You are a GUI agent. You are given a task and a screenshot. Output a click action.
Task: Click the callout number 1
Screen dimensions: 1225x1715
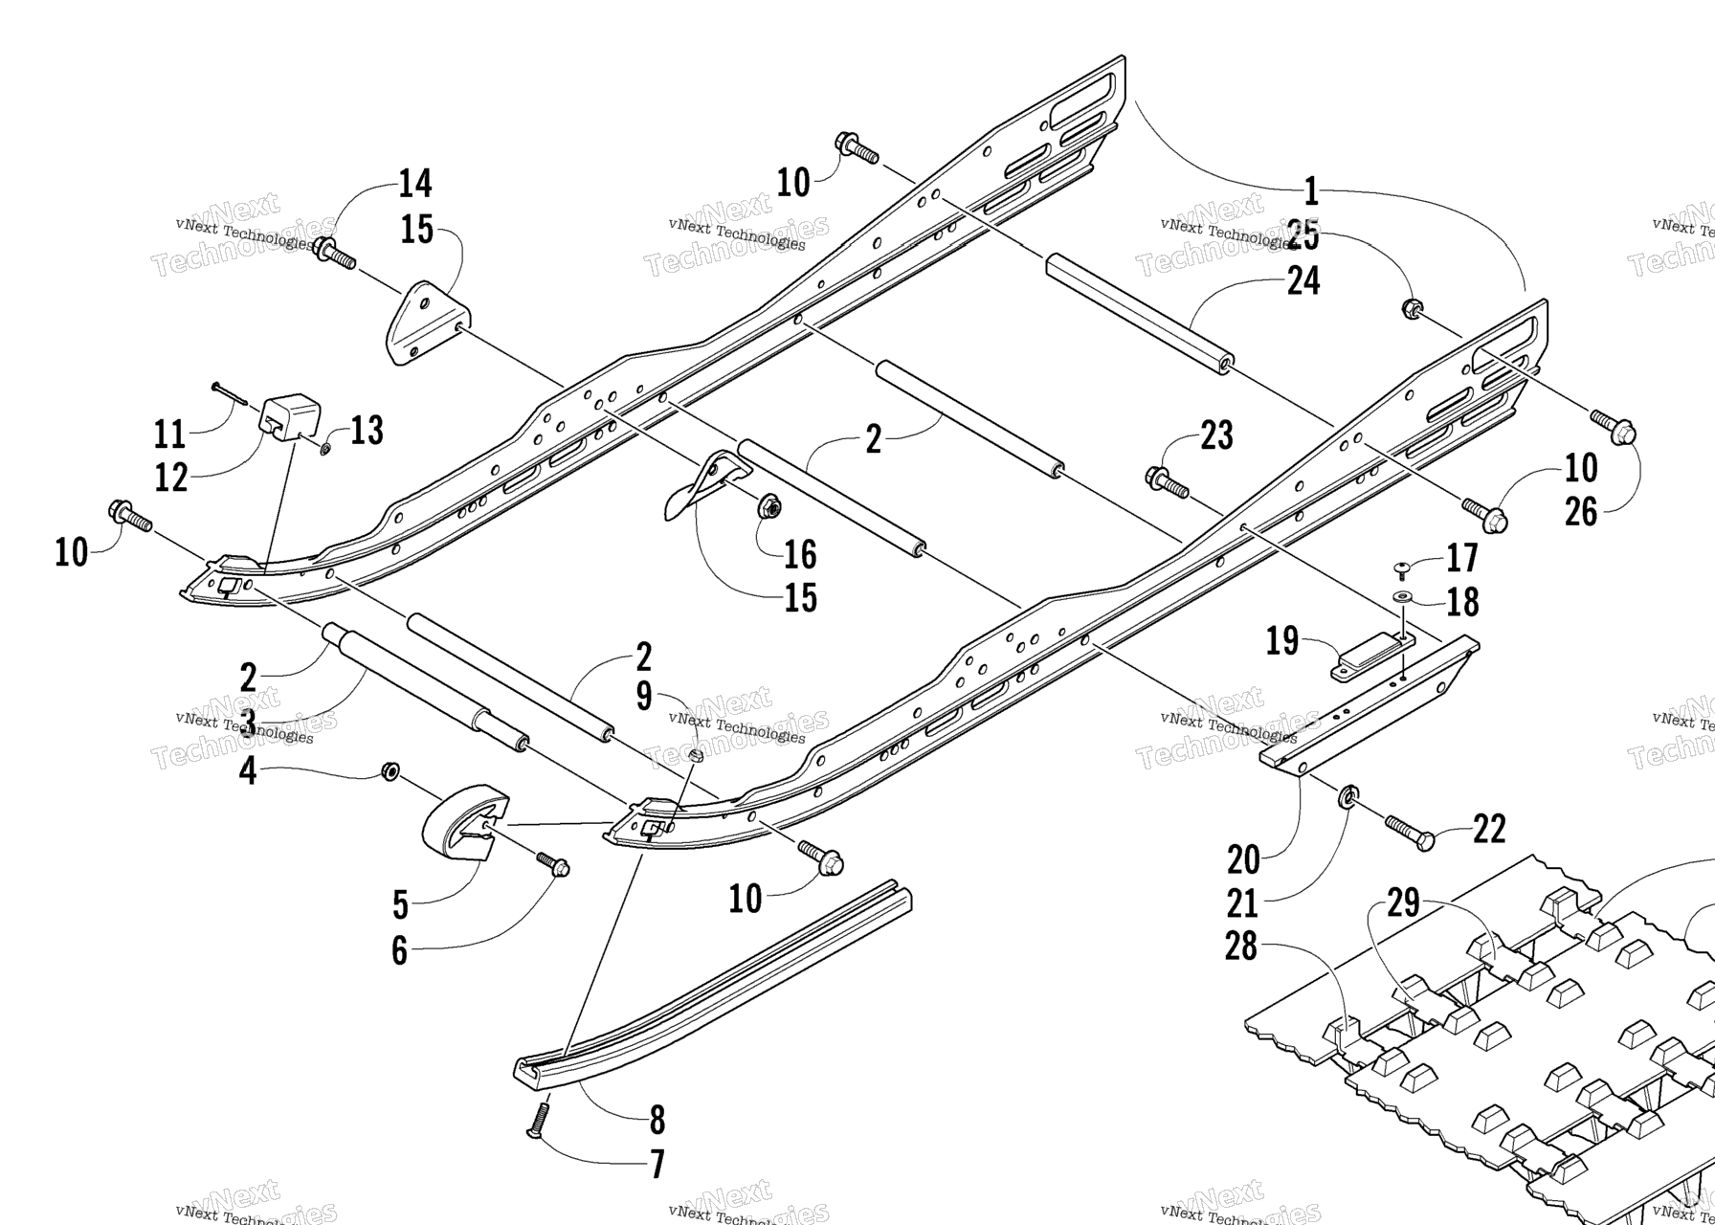coord(1311,191)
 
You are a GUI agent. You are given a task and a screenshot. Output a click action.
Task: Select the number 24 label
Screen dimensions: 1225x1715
coord(1303,281)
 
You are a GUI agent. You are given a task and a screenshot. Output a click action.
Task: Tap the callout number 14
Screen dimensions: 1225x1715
coord(415,183)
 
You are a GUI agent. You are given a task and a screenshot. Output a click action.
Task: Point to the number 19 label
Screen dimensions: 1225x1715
coord(1282,640)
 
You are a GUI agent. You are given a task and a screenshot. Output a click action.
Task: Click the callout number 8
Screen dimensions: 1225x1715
coord(657,1120)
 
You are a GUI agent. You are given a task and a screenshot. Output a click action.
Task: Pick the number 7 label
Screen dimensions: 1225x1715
coord(657,1165)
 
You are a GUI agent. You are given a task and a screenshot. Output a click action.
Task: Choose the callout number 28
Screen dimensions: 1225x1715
coord(1241,947)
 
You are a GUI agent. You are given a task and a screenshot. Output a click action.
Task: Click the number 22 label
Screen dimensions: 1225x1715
coord(1489,829)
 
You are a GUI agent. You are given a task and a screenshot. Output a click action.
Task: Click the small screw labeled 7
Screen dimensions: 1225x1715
coord(539,1120)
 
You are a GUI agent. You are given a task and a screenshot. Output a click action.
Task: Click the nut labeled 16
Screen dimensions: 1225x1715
coord(768,507)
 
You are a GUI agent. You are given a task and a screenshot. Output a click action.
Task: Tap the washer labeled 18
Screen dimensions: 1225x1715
coord(1402,598)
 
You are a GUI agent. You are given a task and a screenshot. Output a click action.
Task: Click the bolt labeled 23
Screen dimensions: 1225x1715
coord(1167,482)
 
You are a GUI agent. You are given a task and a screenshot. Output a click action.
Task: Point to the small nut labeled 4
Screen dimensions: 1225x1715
coord(390,771)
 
